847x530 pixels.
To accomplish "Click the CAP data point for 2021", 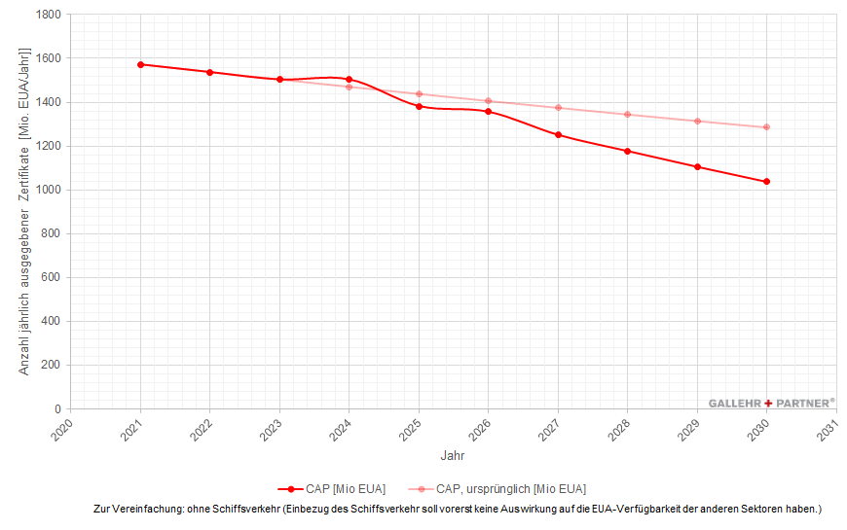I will (x=141, y=64).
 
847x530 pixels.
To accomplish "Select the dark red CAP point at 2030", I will (x=767, y=182).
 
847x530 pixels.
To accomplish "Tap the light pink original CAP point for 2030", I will (x=767, y=127).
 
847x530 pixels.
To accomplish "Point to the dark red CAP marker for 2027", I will (x=558, y=135).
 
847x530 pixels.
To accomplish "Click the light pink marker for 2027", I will (x=558, y=108).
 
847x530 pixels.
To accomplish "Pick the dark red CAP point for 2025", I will (x=419, y=106).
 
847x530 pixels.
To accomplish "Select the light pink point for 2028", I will (x=628, y=115).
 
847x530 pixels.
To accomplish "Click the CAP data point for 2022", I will (x=210, y=72).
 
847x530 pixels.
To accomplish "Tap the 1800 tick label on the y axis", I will (x=48, y=15).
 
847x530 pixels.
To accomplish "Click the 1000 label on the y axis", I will (x=48, y=190).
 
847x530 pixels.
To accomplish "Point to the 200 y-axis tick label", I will (x=51, y=365).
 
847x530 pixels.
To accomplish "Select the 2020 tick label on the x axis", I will (x=62, y=429).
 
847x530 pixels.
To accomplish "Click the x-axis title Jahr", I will (x=453, y=455).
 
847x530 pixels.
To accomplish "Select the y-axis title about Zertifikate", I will (x=25, y=211).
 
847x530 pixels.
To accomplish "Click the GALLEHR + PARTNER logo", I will (x=771, y=403).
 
